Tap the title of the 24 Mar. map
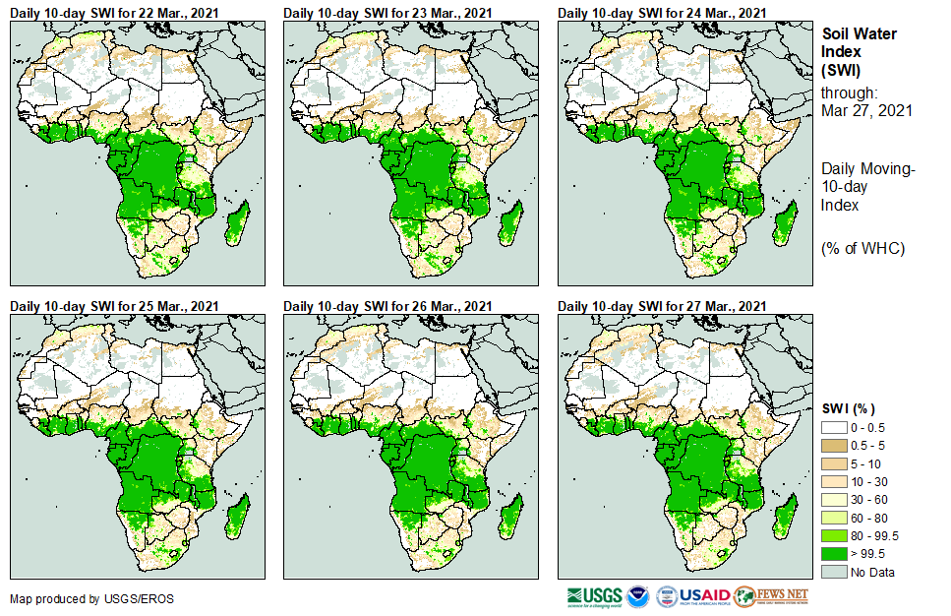[x=662, y=13]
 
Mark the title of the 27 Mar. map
[x=662, y=307]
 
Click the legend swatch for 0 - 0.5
[x=833, y=428]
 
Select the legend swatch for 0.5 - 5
[x=833, y=445]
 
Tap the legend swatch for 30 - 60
[x=833, y=500]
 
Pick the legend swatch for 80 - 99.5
[x=833, y=536]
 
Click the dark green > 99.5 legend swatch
[x=833, y=554]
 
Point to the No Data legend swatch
[x=833, y=572]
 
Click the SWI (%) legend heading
[x=849, y=408]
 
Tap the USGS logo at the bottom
[x=594, y=595]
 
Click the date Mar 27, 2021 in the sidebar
[x=865, y=110]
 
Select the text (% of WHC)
[x=862, y=248]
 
